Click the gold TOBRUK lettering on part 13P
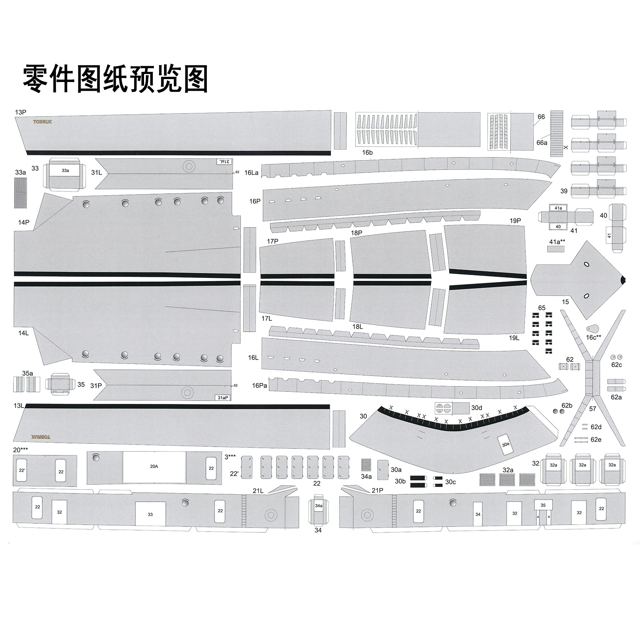42,122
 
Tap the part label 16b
367,153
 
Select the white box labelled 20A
154,466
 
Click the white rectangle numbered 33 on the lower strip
150,514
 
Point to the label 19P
515,221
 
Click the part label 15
565,302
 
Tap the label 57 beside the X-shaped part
593,409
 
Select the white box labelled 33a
65,171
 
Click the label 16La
251,173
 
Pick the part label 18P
356,233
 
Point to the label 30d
476,408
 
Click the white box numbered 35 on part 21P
543,505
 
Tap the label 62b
567,405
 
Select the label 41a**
557,242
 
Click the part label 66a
542,143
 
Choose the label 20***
20,450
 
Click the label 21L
258,491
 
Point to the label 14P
24,222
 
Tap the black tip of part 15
623,280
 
